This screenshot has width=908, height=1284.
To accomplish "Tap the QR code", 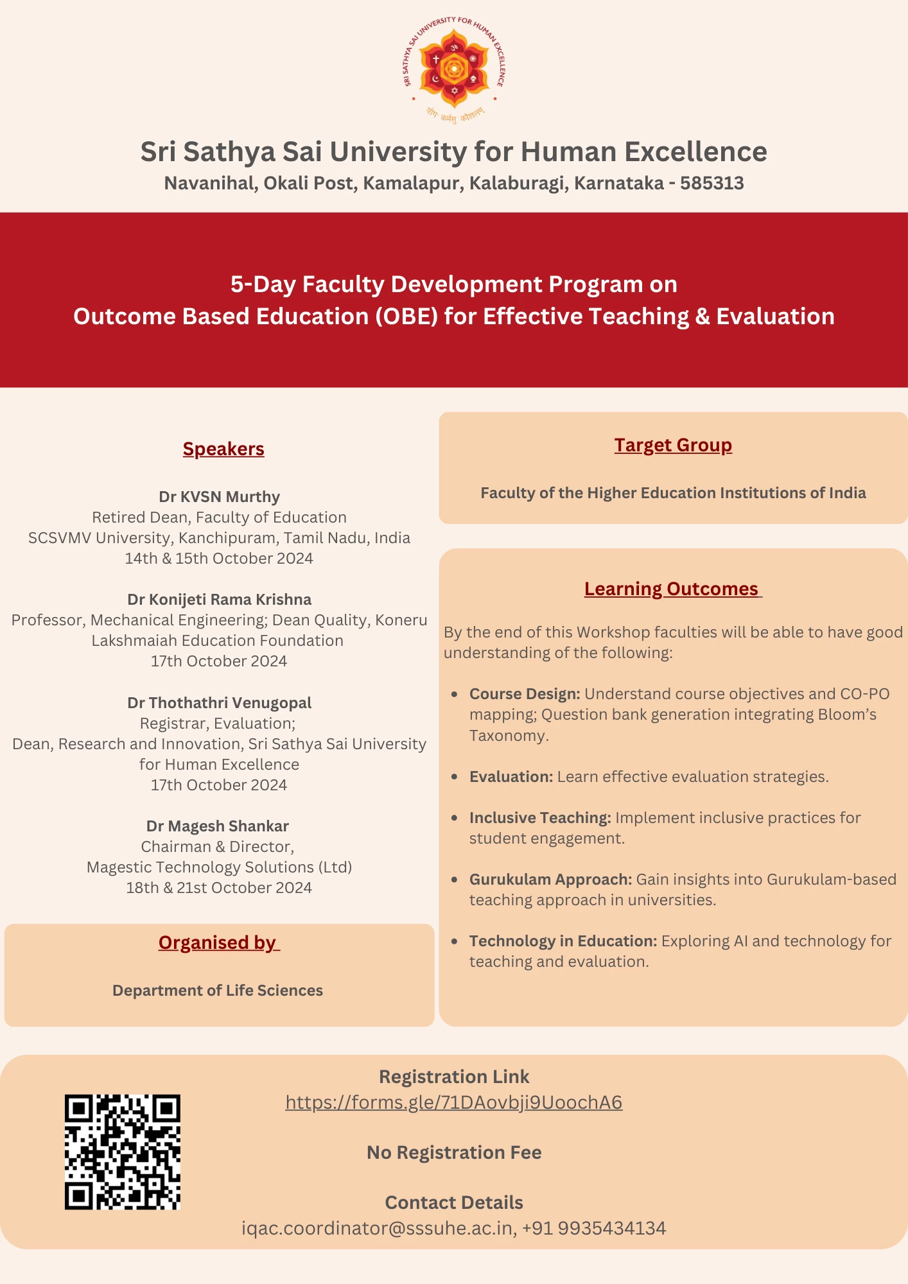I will click(122, 1152).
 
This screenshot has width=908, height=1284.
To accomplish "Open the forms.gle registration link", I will click(454, 1102).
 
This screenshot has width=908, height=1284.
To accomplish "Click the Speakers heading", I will click(223, 449).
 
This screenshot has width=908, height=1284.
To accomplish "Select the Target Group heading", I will click(673, 445).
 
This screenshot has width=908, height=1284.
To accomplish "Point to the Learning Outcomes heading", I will click(672, 589).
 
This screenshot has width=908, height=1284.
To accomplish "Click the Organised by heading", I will click(218, 942).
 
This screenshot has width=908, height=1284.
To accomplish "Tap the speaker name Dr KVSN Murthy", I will click(219, 497).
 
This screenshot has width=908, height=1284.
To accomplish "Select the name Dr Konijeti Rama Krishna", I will click(219, 600).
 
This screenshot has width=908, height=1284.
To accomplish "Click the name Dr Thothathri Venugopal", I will click(219, 703).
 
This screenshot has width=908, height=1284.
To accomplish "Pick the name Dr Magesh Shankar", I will click(218, 826).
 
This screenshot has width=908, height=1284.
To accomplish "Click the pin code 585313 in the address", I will click(712, 184).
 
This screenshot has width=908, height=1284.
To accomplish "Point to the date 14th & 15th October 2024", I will click(219, 559).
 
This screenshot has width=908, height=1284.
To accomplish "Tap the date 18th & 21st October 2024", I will click(219, 888).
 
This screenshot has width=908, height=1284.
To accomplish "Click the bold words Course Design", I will click(525, 694).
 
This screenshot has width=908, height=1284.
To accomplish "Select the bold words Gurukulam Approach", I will click(550, 880).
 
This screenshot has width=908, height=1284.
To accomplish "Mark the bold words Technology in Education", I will click(563, 941).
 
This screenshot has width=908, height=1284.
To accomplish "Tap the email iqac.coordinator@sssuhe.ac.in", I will click(378, 1228).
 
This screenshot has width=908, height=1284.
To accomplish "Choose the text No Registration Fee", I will click(454, 1152).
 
